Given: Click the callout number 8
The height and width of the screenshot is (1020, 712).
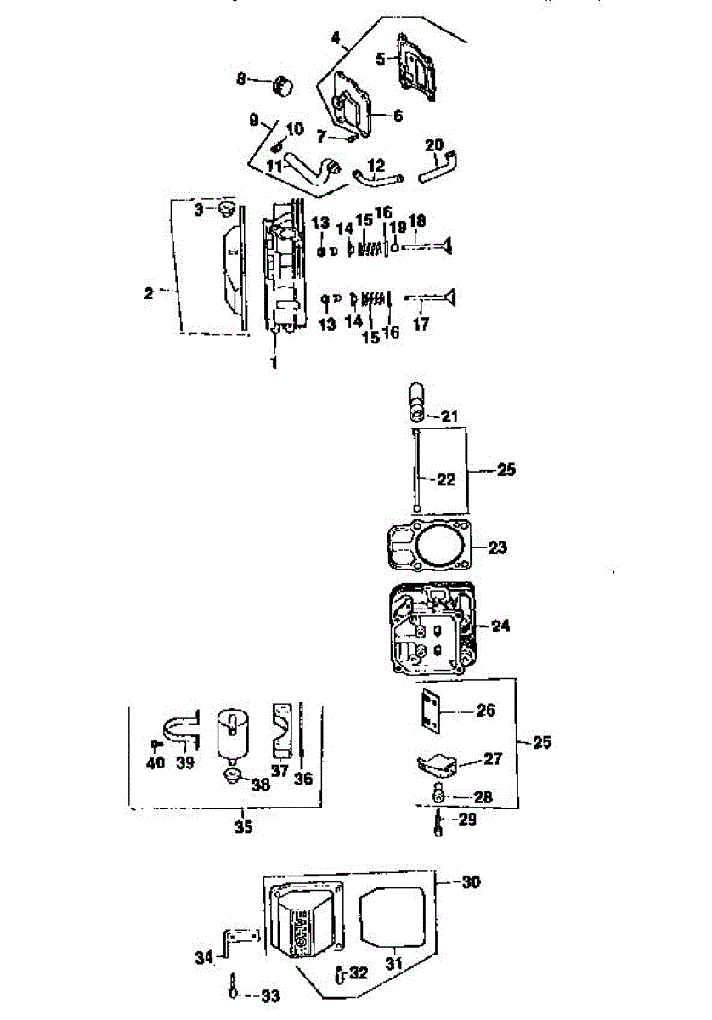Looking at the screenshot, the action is click(x=240, y=79).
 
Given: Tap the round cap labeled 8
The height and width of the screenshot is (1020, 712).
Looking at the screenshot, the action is click(x=283, y=87).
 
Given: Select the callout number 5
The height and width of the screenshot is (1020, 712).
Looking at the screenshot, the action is click(x=381, y=59).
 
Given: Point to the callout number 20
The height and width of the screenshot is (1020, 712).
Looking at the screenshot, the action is click(x=434, y=145).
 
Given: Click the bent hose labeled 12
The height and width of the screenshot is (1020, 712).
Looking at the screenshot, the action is click(x=378, y=178).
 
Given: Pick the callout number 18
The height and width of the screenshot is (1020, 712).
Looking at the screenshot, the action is click(x=417, y=221).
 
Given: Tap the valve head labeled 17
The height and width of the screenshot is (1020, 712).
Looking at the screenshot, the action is click(x=449, y=297).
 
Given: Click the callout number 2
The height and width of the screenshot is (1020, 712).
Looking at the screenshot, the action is click(x=149, y=293).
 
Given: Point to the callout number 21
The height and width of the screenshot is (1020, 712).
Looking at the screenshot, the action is click(x=449, y=416).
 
